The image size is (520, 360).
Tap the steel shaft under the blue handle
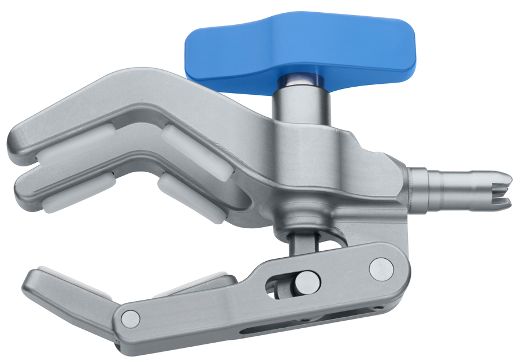click(300, 104)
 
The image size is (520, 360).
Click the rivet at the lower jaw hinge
click(131, 318)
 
